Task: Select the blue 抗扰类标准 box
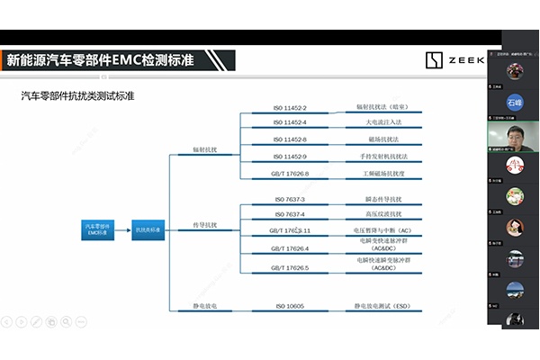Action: click(149, 229)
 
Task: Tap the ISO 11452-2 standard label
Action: click(290, 107)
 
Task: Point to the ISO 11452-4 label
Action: click(290, 122)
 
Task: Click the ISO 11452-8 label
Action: click(290, 139)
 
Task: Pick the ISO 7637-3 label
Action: click(289, 199)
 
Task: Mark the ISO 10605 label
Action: click(289, 306)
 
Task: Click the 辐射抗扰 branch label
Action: click(205, 148)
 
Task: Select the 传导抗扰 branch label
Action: click(205, 224)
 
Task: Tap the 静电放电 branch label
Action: click(205, 306)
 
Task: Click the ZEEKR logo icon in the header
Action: click(434, 60)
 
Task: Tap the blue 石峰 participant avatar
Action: click(515, 102)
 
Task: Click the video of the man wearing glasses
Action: click(515, 135)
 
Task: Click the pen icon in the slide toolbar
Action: click(36, 320)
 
